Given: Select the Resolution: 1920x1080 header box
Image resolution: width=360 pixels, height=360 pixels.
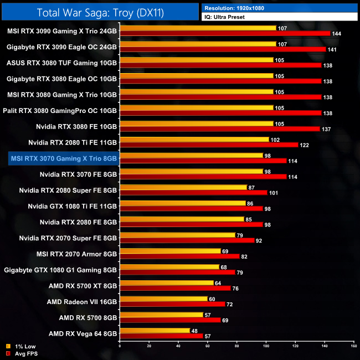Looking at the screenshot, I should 279,8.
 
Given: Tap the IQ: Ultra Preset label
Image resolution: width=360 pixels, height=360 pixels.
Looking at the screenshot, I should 279,17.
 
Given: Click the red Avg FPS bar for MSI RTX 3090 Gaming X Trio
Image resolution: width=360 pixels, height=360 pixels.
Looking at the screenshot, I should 224,34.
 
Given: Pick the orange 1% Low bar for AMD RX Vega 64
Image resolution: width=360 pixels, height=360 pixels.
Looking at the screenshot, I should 155,331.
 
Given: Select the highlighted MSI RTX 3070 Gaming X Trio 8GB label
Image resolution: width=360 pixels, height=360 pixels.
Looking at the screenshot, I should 63,158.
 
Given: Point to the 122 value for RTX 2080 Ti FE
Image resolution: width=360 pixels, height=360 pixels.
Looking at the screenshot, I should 305,145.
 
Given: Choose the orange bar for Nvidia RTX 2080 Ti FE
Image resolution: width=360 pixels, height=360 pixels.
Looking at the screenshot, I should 194,140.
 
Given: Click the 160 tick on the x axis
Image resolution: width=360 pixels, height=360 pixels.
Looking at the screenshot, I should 353,346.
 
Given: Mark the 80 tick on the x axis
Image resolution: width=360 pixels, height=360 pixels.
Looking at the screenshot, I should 236,346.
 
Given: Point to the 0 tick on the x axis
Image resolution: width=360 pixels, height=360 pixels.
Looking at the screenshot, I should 120,346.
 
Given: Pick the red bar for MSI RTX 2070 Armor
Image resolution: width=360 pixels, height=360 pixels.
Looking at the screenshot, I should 179,256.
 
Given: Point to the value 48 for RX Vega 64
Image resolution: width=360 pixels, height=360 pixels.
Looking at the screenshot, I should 194,331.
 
